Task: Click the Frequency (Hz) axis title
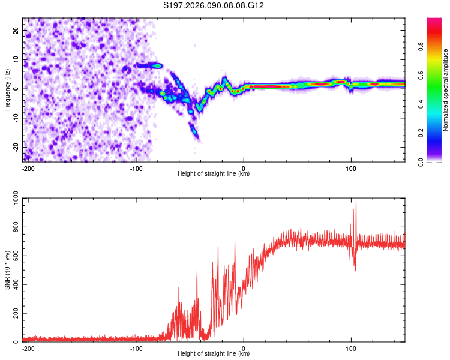(x=7, y=90)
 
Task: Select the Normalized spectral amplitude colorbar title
(x=446, y=90)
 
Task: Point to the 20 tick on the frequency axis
(x=17, y=29)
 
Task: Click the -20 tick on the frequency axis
(x=16, y=147)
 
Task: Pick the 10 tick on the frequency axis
(x=17, y=59)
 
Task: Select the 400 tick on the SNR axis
(x=14, y=285)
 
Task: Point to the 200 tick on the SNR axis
(x=14, y=314)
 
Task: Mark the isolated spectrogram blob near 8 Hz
(x=157, y=65)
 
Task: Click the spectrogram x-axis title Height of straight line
(x=214, y=174)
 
